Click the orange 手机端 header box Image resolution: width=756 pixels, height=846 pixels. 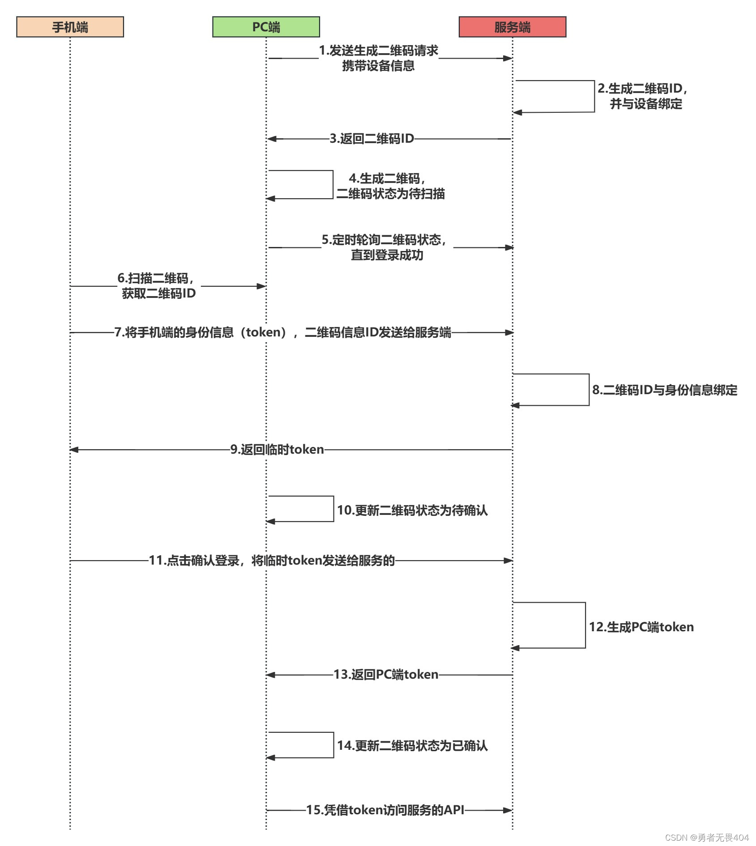[70, 27]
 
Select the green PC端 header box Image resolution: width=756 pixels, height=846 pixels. [266, 27]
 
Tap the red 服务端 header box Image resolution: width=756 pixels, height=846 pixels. [512, 27]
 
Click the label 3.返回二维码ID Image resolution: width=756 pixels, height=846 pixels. [372, 139]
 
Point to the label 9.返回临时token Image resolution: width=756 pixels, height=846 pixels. [277, 449]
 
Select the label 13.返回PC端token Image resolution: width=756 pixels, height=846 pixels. [386, 674]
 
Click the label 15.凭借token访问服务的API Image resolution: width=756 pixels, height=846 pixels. [385, 810]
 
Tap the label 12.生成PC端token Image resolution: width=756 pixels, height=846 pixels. [641, 627]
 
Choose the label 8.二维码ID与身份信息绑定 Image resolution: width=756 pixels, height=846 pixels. [665, 390]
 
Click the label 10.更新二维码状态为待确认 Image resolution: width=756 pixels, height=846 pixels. [412, 510]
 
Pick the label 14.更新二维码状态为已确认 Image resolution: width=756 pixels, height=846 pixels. [412, 745]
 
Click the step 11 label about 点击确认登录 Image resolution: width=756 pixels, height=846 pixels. [272, 560]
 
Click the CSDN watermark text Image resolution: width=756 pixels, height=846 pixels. [707, 837]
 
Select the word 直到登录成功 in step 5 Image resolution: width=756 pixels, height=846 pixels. [387, 255]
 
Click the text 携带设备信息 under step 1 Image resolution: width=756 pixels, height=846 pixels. [378, 66]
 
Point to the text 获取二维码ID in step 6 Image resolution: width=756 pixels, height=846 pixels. [159, 293]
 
